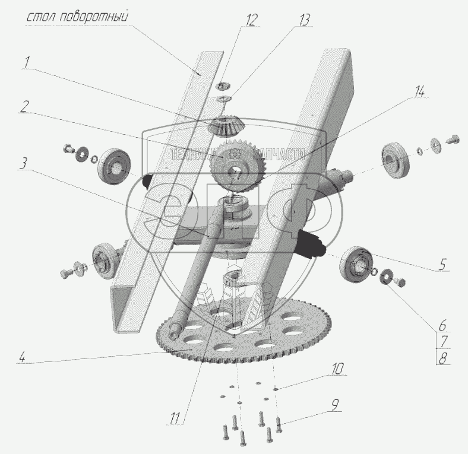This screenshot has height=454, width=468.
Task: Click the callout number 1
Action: (27, 62)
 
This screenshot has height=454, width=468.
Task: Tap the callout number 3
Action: (23, 163)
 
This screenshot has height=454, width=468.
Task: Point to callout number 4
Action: (22, 357)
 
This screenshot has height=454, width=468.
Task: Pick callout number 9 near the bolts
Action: (334, 405)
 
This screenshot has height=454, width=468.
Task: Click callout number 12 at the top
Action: (251, 21)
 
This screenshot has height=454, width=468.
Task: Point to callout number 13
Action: (304, 21)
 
